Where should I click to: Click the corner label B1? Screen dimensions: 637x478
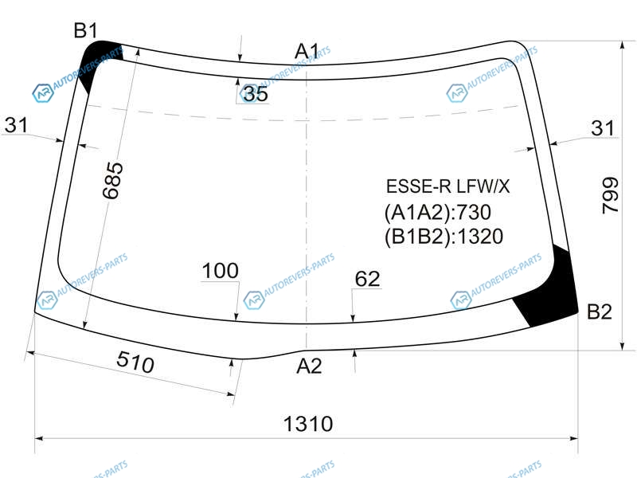(86, 30)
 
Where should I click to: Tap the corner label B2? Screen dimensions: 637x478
(600, 311)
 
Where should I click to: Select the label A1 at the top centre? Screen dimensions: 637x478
(307, 51)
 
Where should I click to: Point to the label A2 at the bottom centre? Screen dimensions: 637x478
(309, 366)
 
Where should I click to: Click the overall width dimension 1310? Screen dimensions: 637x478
(308, 424)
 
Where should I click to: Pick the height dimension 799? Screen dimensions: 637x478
(610, 195)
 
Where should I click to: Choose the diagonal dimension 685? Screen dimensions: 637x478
(112, 181)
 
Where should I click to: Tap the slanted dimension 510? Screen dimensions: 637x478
(135, 362)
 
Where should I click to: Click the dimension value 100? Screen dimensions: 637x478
(221, 271)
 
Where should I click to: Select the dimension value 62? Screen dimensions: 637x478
(368, 279)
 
